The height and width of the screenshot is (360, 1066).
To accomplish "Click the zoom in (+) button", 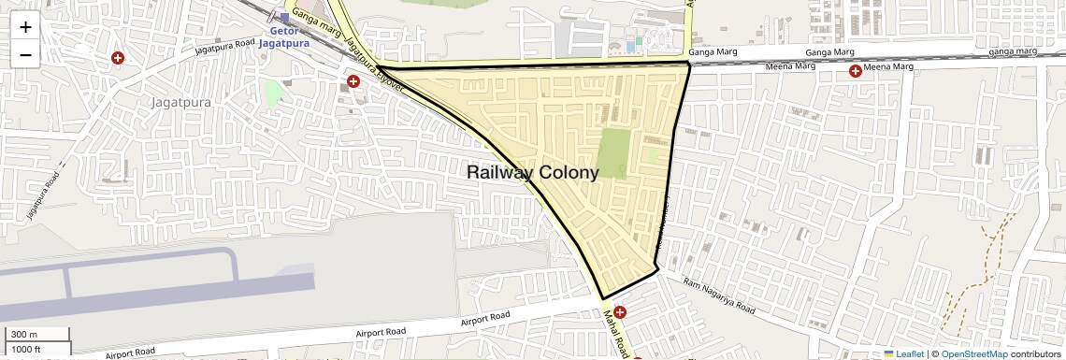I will click(x=25, y=28).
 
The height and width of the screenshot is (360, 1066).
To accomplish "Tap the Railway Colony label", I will click(x=532, y=172).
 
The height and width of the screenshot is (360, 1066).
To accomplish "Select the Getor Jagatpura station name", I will click(x=283, y=36).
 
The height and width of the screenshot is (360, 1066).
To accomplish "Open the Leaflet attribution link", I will click(x=903, y=353).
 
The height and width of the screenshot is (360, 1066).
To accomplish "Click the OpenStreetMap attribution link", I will click(x=973, y=353).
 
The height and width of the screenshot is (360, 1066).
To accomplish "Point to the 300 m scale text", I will click(x=24, y=335).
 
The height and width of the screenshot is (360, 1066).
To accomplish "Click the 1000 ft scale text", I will click(x=26, y=350).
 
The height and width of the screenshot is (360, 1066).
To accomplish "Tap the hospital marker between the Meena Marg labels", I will click(x=855, y=71).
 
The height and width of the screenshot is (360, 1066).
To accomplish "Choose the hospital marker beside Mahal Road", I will click(x=620, y=311).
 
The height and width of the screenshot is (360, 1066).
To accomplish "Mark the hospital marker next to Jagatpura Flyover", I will click(x=353, y=81).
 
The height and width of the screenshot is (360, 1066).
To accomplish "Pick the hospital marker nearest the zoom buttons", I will click(x=118, y=58).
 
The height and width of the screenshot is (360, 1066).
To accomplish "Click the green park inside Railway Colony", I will click(x=612, y=153).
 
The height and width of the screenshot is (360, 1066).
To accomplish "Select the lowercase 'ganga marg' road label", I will click(x=1014, y=51).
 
